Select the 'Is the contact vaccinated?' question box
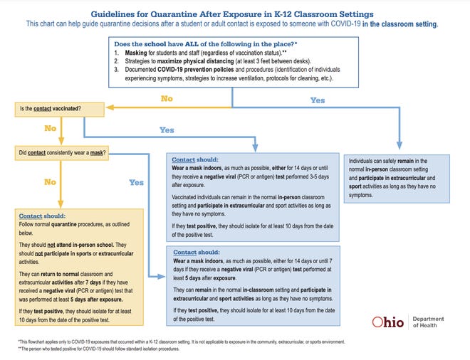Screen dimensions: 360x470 [x=48, y=109]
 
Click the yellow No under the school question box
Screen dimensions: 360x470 [x=167, y=98]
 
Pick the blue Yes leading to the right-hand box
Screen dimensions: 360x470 [x=318, y=100]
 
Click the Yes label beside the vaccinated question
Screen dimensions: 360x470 [x=167, y=130]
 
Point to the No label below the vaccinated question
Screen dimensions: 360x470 [x=50, y=129]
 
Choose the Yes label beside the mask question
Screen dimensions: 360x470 [x=136, y=182]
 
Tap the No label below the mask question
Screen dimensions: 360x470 [x=50, y=182]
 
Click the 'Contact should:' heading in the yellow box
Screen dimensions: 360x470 [x=43, y=215]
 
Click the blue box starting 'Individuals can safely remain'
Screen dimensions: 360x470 [x=396, y=179]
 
